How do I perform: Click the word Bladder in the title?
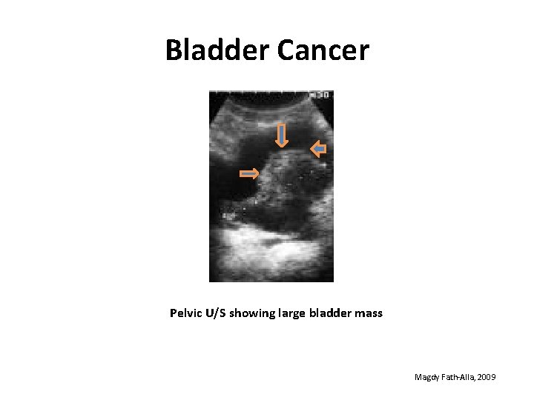(218, 50)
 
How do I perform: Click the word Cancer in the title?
(323, 50)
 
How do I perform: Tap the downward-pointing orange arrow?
(281, 136)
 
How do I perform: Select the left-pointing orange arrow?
(317, 150)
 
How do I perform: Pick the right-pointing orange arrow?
(248, 174)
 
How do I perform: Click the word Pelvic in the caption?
(187, 313)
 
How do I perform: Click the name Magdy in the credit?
(427, 378)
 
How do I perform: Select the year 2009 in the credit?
(487, 378)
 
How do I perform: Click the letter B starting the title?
(174, 50)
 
